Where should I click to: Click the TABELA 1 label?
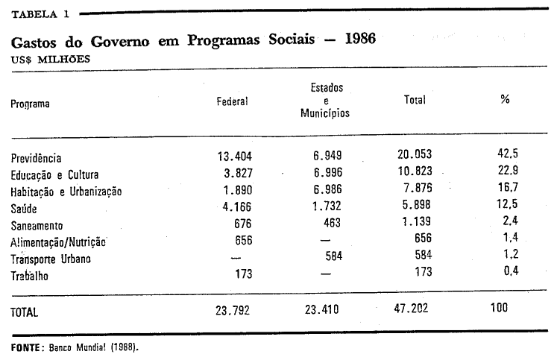[40, 13]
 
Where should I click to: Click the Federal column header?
[232, 101]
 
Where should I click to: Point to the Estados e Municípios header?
[326, 101]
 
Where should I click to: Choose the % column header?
[505, 99]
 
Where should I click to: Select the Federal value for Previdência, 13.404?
[233, 157]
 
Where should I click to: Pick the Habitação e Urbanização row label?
[66, 192]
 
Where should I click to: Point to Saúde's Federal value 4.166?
[237, 207]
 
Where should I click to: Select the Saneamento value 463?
[332, 223]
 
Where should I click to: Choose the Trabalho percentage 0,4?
[509, 273]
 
